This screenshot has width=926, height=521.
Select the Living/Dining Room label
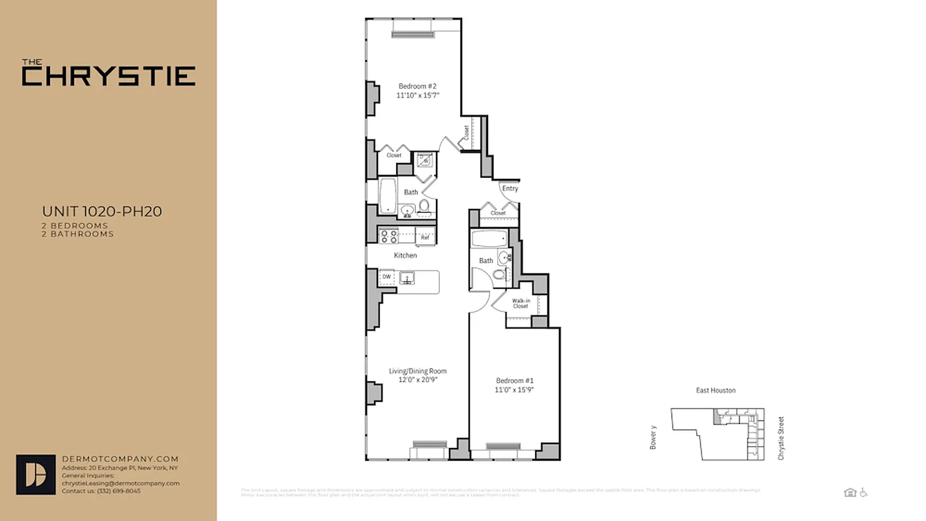click(x=418, y=371)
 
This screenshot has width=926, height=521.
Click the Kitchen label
click(x=405, y=255)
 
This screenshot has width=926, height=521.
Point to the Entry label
click(x=510, y=189)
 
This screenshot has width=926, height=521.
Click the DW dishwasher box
click(x=386, y=277)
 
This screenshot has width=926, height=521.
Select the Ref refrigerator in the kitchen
click(x=425, y=237)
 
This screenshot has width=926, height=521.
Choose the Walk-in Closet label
click(x=520, y=303)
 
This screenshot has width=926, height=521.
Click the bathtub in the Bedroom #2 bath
click(x=388, y=195)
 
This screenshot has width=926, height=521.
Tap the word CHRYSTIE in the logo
click(x=109, y=76)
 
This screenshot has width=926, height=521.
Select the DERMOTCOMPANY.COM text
click(x=120, y=459)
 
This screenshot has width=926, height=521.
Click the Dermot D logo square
click(x=36, y=474)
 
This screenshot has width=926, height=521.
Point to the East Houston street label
click(x=716, y=391)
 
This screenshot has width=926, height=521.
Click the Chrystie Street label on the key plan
click(x=781, y=439)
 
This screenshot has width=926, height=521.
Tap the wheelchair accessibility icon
click(x=863, y=492)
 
